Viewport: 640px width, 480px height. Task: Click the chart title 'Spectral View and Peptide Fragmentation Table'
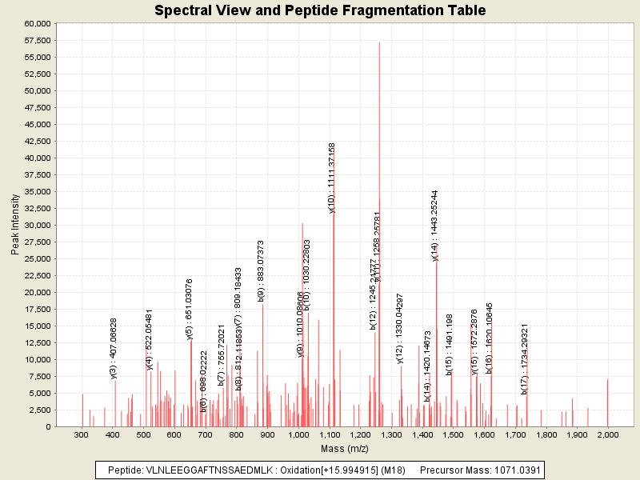coord(320,10)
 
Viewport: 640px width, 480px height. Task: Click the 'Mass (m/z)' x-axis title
coord(344,449)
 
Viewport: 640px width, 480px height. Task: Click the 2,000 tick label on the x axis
coord(607,435)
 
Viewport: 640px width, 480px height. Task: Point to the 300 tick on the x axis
coord(82,435)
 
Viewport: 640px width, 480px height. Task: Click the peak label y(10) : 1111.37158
coord(332,178)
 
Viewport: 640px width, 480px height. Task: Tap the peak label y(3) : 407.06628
coord(114,348)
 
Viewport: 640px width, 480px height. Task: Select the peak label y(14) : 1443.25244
coord(435,226)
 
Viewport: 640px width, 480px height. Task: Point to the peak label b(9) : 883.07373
coord(262,270)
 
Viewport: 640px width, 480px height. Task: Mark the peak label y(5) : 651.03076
coord(190,309)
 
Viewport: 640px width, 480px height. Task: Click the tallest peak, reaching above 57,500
coord(379,48)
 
